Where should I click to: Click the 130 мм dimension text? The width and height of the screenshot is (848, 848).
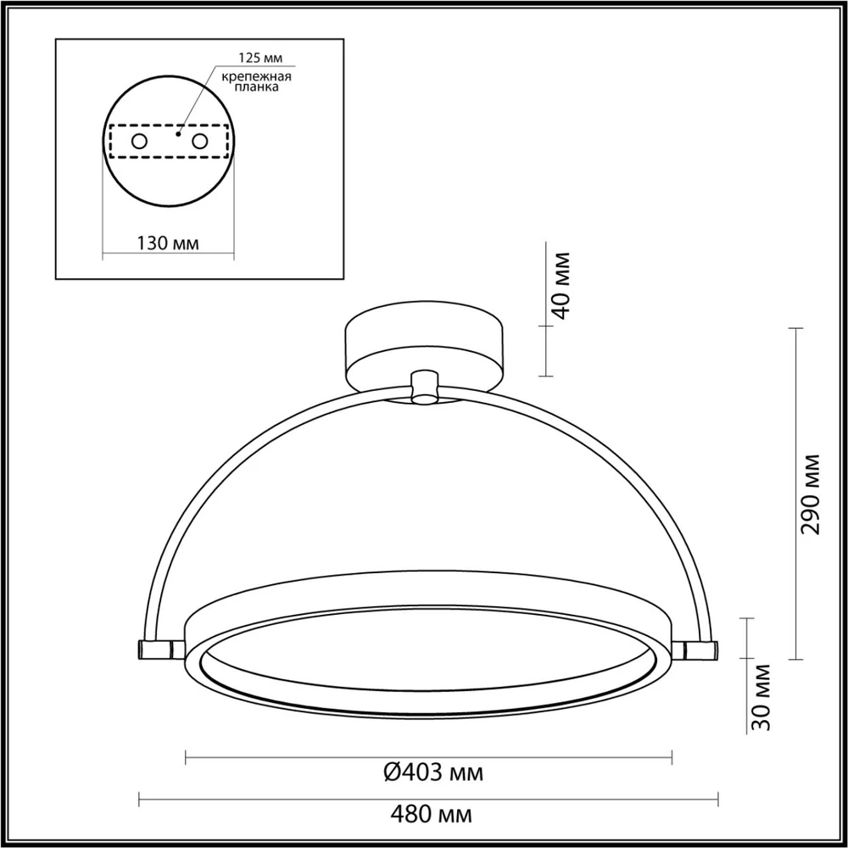(168, 243)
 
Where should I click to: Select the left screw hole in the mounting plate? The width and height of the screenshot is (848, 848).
(138, 142)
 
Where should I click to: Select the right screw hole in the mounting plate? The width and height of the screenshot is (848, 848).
(200, 142)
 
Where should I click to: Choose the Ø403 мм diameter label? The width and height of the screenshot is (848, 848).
(433, 773)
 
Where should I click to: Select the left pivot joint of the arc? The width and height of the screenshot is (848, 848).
(158, 649)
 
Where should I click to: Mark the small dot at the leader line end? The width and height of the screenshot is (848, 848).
(179, 132)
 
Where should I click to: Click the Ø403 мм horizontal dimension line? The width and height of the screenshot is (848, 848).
(297, 754)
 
